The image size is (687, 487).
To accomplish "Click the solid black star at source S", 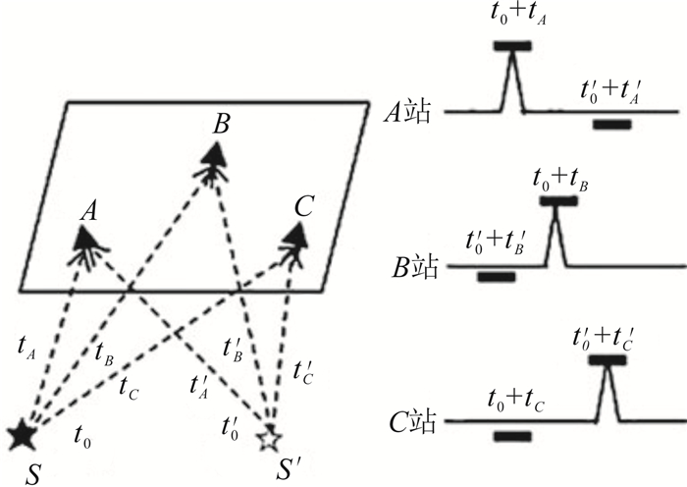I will click(20, 433).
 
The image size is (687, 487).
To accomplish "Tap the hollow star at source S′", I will click(268, 438).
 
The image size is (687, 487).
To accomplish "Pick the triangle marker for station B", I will click(215, 153).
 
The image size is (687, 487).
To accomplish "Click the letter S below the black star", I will click(34, 471).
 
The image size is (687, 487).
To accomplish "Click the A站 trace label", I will click(408, 113).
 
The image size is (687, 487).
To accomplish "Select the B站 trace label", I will click(408, 266).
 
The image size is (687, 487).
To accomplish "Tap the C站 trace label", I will click(408, 424).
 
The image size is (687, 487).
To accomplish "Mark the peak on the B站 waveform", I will click(557, 214).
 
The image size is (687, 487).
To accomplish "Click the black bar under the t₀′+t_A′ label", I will click(611, 125).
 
